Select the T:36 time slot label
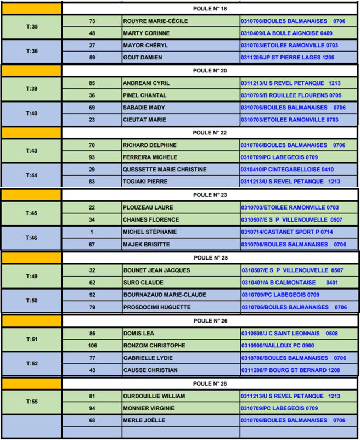coord(32,51)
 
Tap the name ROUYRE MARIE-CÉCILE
coord(156,21)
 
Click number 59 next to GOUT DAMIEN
coord(92,57)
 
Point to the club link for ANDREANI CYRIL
coord(290,83)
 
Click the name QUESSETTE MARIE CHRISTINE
coord(165,170)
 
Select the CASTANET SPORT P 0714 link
coord(286,232)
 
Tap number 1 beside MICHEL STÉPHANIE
coord(92,232)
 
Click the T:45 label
coord(32,213)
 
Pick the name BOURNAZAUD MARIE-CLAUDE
coord(164,295)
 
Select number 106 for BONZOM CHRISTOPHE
coord(92,346)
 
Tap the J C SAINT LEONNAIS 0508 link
coord(289,333)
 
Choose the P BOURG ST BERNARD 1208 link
coord(290,370)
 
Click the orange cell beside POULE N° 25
coord(32,257)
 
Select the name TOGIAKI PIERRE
coord(146,182)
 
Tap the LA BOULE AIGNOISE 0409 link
coord(286,33)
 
